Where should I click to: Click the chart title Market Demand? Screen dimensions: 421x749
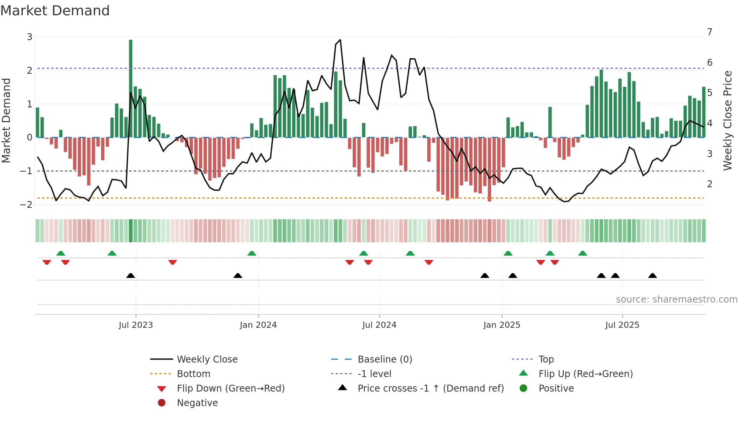pos(55,11)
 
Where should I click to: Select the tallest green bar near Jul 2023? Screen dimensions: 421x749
pos(131,88)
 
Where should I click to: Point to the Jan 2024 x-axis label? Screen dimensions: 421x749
pos(258,325)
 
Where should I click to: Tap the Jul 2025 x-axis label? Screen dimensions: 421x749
pos(622,325)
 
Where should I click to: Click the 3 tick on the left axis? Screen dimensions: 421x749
pos(29,37)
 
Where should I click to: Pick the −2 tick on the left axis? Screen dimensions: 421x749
pos(26,205)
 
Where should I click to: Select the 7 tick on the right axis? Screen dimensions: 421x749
pos(710,32)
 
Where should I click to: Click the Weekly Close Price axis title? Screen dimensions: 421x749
pos(728,120)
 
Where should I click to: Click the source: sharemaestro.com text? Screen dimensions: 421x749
pos(676,300)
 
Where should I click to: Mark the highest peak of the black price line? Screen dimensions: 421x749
pos(340,40)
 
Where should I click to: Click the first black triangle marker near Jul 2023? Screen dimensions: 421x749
pos(131,276)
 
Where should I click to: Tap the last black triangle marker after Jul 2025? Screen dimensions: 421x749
pos(653,276)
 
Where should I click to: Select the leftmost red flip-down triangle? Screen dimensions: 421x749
pos(47,262)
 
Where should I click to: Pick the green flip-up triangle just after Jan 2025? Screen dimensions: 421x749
pos(508,253)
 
